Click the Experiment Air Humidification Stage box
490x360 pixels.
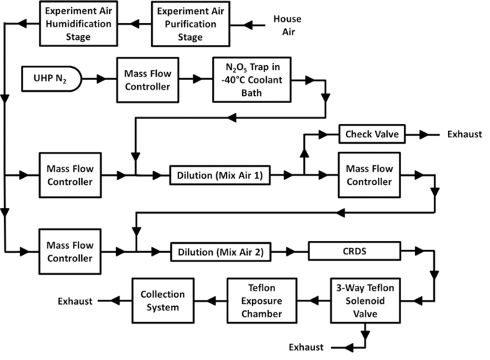point(76,22)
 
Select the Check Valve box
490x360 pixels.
point(368,133)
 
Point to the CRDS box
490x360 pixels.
point(353,249)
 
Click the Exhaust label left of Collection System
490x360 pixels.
point(76,301)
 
